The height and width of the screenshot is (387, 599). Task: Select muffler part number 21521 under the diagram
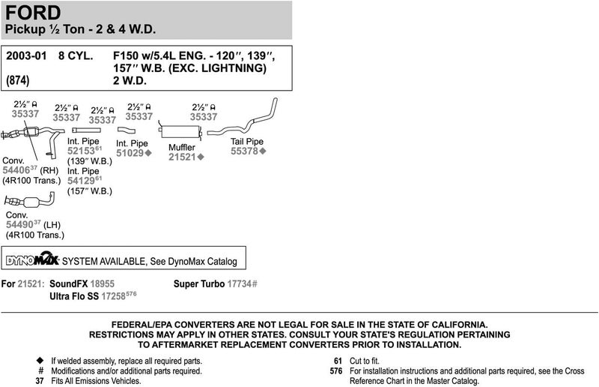point(181,157)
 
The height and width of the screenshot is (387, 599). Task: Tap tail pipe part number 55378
point(243,151)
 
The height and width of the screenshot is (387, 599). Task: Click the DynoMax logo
point(32,260)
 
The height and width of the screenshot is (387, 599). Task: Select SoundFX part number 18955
point(102,285)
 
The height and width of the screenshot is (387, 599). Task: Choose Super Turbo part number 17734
point(240,285)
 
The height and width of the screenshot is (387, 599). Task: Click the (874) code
point(19,80)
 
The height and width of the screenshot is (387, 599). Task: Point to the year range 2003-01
point(25,56)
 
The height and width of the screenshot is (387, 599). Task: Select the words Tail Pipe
point(246,141)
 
